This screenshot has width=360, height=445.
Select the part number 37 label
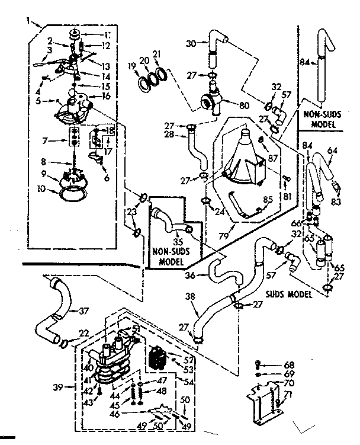coord(83,310)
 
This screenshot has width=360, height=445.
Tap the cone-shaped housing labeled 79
coord(244,156)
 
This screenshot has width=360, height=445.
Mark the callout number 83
coord(337,203)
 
